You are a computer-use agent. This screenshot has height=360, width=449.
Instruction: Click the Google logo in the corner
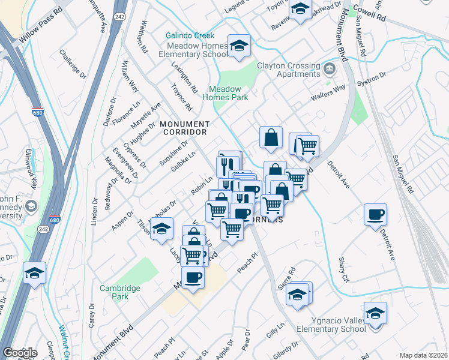[20, 353]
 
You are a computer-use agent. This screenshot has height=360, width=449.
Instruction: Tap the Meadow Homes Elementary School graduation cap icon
[239, 46]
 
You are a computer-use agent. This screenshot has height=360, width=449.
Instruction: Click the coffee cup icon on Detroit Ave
[375, 215]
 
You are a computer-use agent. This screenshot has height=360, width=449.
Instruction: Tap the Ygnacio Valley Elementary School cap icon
[375, 313]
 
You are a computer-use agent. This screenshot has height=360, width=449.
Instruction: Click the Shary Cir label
[344, 269]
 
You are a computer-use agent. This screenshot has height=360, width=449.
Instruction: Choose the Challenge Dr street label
[73, 62]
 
